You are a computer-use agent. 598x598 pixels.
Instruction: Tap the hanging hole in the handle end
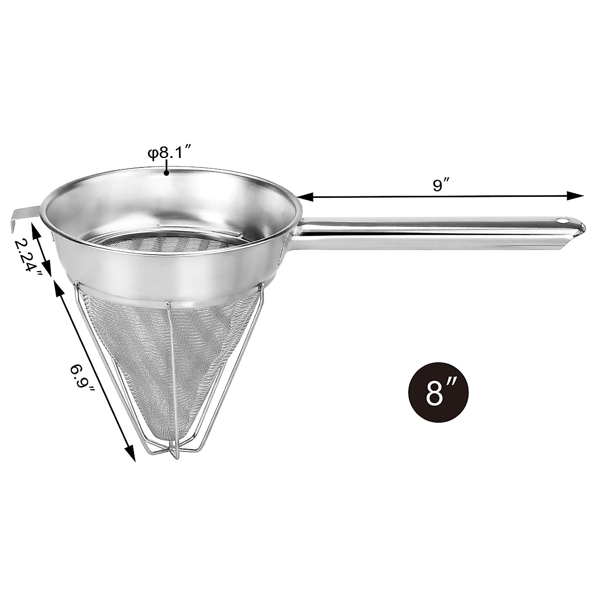[x=563, y=219]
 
